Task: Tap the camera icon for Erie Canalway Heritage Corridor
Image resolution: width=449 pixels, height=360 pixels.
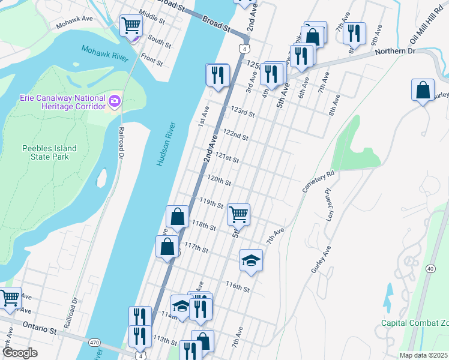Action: pos(114,101)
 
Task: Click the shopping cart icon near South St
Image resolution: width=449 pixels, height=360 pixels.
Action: pos(130,26)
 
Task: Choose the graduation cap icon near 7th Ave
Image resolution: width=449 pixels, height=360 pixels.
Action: pos(251,260)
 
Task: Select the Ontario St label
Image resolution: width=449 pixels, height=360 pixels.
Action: pos(40,329)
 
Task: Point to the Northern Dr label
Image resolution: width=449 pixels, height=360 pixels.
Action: pos(395,52)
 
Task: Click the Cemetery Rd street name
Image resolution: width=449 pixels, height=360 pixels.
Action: pos(318,182)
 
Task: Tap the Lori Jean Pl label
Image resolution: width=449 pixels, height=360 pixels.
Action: pos(333,204)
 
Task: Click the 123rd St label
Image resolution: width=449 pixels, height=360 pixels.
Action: pos(243,112)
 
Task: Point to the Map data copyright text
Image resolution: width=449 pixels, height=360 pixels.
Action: pos(424,355)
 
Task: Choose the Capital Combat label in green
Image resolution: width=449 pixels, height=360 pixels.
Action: pos(414,323)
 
